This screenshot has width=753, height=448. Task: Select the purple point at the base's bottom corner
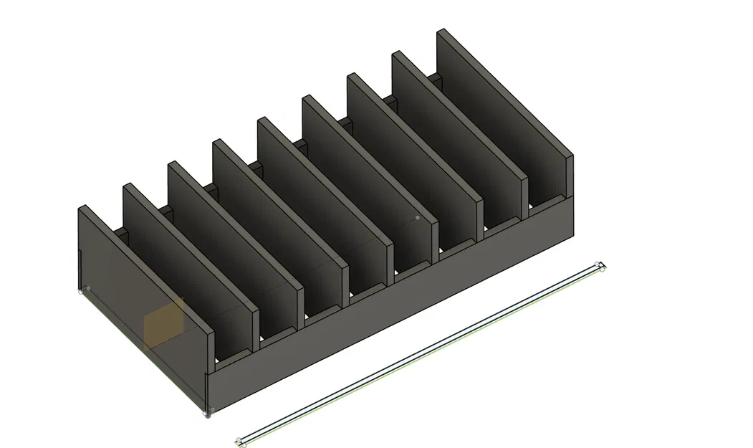click(208, 414)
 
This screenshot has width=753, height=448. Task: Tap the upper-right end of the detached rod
click(600, 267)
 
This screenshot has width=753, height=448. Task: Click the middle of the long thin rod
click(421, 355)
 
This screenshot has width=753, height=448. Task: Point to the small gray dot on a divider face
click(417, 217)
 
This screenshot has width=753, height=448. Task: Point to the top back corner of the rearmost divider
click(441, 30)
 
